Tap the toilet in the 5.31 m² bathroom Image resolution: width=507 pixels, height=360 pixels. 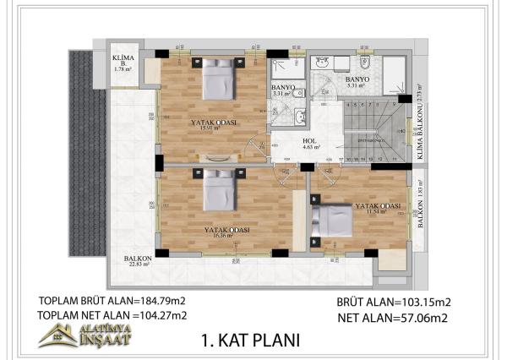[369, 66]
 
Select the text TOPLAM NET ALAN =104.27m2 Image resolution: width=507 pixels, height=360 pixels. [112, 315]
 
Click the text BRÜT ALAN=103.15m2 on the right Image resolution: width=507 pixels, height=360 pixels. [394, 302]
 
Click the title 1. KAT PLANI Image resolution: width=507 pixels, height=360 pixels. [250, 341]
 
